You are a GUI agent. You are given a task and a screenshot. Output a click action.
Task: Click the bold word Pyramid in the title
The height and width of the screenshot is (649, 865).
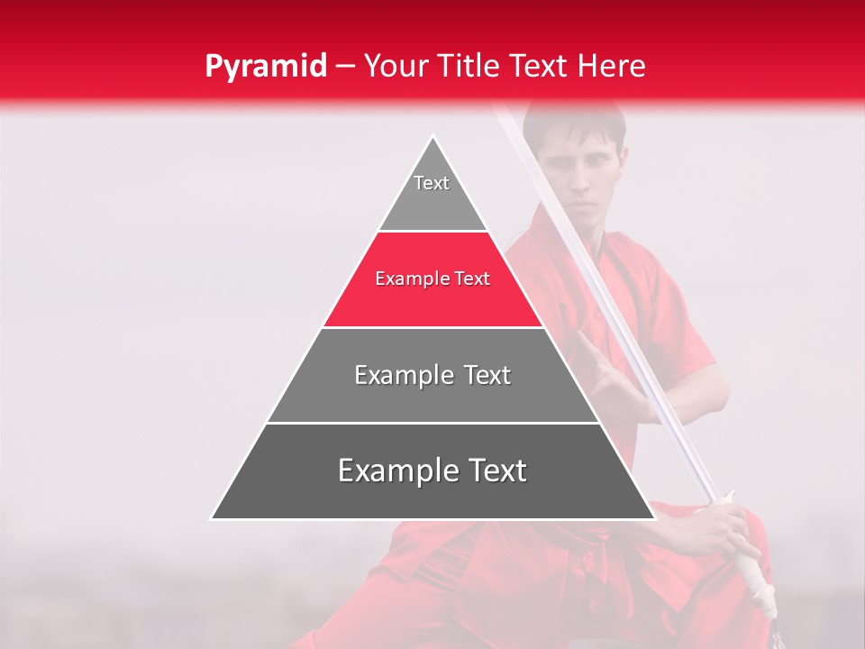(x=265, y=66)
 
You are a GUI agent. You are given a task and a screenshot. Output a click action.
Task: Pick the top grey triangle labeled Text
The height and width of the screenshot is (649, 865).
(x=432, y=194)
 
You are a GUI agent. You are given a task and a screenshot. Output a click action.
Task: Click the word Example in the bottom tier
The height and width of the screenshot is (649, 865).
(x=394, y=471)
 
